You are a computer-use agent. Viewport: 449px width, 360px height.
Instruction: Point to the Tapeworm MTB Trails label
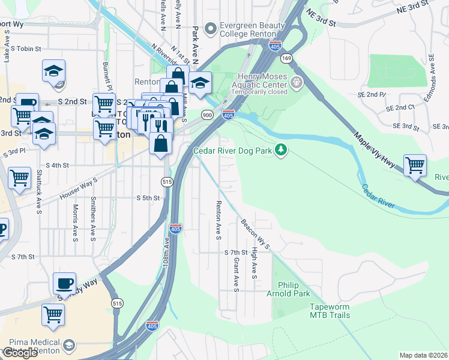pos(330,310)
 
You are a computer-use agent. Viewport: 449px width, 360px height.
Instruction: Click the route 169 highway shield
pos(288,58)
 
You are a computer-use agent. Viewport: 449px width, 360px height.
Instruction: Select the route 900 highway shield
pos(207,115)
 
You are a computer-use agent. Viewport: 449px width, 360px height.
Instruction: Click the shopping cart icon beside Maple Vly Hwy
pos(415,164)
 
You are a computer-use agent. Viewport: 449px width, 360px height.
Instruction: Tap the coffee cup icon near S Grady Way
pos(64,283)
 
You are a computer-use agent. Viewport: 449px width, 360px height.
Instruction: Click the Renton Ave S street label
pos(218,217)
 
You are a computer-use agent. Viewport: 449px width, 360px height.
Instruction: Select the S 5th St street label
pos(148,197)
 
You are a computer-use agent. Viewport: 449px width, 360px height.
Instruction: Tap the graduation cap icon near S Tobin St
pos(53,71)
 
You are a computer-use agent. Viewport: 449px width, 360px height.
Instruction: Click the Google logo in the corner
pos(20,353)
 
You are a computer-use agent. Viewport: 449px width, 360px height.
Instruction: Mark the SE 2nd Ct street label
pos(400,107)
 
